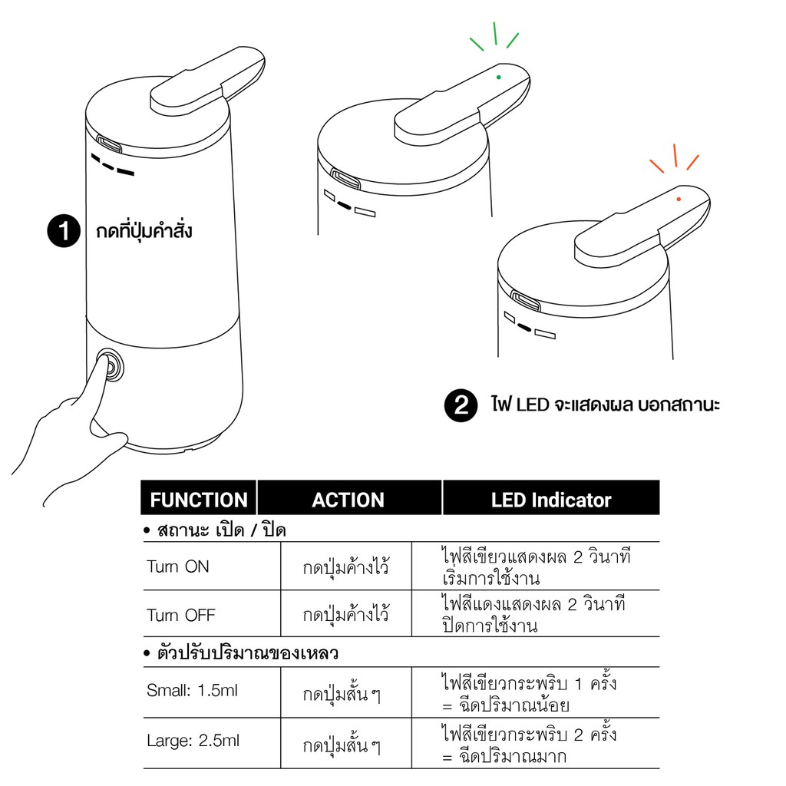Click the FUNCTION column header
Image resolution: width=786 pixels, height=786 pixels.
click(x=199, y=499)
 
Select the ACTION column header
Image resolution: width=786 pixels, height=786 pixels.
click(x=349, y=499)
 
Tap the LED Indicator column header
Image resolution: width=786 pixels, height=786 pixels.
click(x=551, y=499)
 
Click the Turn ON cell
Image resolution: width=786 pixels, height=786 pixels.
click(x=178, y=566)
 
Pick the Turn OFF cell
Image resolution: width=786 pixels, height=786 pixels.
click(x=181, y=615)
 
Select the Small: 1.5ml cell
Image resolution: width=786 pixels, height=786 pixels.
click(x=192, y=690)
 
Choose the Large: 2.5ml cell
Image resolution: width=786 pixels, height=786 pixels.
click(x=193, y=741)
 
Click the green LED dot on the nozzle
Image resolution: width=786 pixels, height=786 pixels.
click(x=498, y=78)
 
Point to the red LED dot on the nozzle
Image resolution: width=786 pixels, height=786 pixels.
click(x=679, y=199)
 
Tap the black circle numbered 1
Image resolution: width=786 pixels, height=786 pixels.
click(x=64, y=231)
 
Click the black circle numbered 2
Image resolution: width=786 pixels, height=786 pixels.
click(x=461, y=405)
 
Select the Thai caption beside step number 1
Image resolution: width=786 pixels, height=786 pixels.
click(x=144, y=231)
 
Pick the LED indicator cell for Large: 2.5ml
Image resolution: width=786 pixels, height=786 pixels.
click(x=530, y=745)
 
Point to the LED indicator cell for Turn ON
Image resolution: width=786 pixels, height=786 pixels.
click(x=536, y=567)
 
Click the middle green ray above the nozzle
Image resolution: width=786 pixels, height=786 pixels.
click(x=495, y=34)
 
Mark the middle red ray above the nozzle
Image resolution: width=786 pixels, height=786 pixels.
click(x=675, y=155)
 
